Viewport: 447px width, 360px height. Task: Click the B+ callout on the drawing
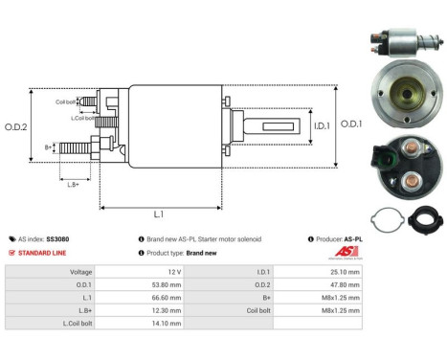pyautogui.click(x=49, y=146)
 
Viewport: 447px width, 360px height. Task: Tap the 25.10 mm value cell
pyautogui.click(x=341, y=271)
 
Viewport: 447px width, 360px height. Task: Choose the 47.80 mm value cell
pyautogui.click(x=341, y=284)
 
